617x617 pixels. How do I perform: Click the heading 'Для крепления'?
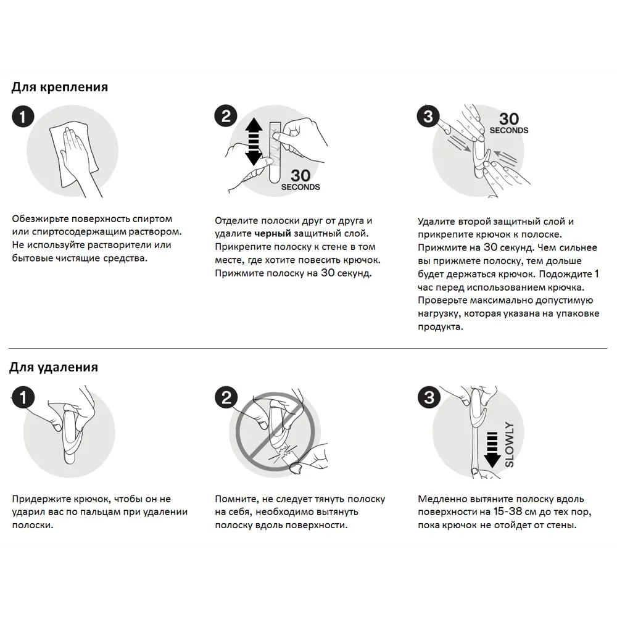point(59,87)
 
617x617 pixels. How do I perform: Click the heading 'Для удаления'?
point(53,368)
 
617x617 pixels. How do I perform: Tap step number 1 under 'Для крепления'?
point(23,117)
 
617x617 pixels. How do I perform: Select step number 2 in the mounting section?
point(226,116)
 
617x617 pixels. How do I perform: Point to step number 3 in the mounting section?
point(428,116)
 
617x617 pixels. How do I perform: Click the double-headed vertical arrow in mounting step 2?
point(254,142)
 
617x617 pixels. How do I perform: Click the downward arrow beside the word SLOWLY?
point(492,449)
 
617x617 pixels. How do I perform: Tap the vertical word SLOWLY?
point(509,444)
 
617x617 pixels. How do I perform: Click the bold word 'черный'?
point(271,234)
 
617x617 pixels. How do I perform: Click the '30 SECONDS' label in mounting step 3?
point(509,123)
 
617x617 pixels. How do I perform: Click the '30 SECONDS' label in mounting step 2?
point(300,180)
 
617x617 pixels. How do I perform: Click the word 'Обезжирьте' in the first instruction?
point(41,219)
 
